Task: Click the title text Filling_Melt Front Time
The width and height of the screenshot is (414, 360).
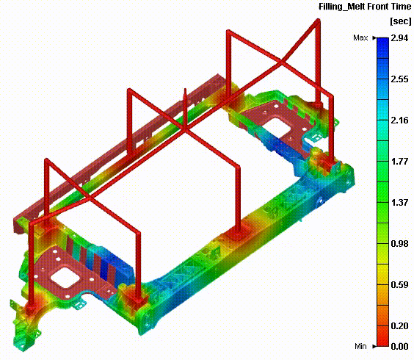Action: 363,7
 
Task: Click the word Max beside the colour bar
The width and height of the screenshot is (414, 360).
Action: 360,37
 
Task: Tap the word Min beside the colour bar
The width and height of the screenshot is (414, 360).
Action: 360,346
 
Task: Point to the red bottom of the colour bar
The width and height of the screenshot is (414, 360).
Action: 382,342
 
